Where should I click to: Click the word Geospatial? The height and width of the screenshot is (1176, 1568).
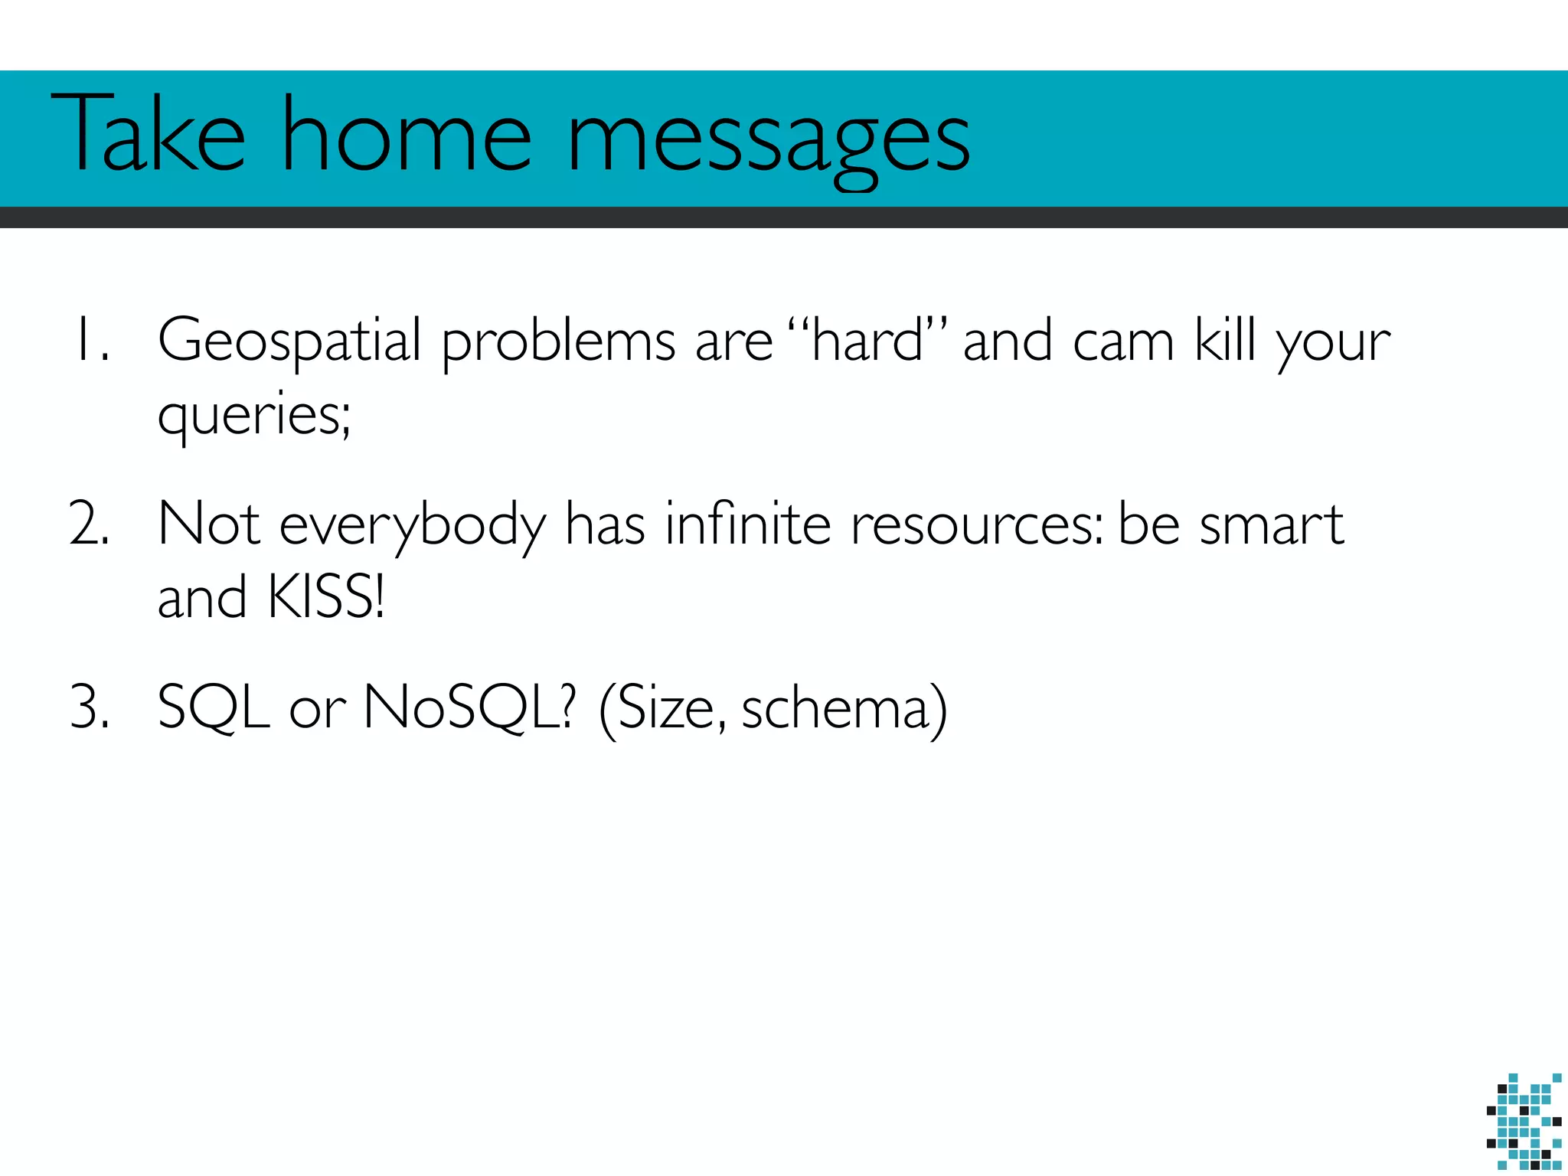[x=289, y=341]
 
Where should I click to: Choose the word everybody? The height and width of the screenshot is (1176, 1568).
[x=413, y=527]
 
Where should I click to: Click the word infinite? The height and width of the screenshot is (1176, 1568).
[x=747, y=524]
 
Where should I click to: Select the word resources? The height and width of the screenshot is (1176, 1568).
[x=977, y=527]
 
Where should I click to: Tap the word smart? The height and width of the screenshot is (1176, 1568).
[x=1271, y=525]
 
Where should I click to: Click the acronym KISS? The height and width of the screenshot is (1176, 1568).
[x=326, y=597]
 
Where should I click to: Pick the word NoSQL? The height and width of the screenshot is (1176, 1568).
[x=468, y=707]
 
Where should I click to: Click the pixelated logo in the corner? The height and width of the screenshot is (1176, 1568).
[x=1524, y=1121]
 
